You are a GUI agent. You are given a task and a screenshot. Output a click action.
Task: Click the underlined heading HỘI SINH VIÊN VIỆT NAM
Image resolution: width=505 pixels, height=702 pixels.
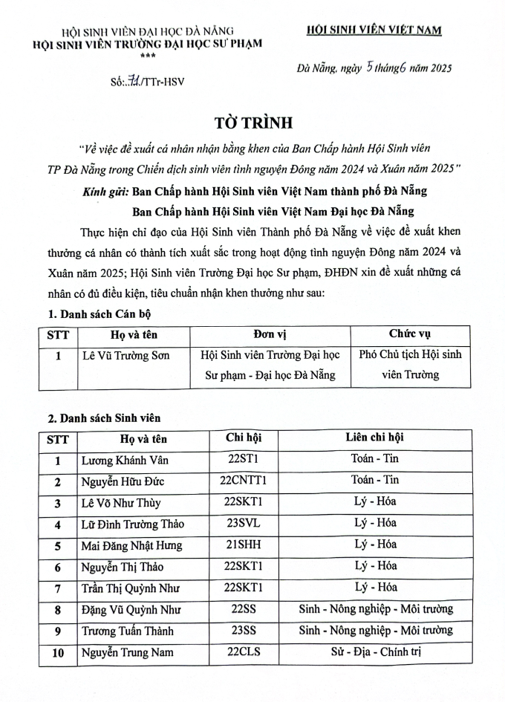[374, 30]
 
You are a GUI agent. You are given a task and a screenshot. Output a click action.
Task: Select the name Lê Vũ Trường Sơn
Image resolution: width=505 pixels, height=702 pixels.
[125, 355]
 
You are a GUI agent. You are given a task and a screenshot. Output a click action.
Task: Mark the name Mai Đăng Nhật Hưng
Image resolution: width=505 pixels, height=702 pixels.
[131, 546]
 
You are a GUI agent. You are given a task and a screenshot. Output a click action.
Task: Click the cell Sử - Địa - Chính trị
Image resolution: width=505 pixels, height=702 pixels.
[375, 653]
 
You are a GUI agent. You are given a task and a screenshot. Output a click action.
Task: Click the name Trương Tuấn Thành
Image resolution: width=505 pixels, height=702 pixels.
[127, 632]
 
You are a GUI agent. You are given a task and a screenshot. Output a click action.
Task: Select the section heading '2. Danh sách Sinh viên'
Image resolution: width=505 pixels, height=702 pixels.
[102, 418]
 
